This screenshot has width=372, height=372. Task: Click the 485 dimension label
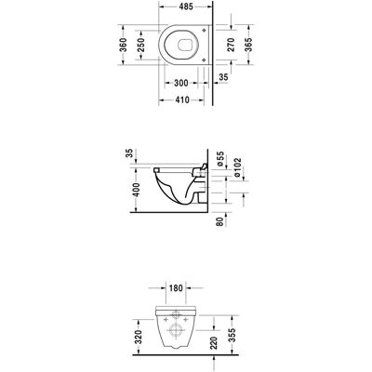click(186, 7)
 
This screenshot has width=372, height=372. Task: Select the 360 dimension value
click(124, 45)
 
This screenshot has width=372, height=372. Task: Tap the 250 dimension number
click(140, 45)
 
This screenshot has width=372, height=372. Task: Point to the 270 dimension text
click(231, 45)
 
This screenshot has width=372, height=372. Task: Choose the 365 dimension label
click(248, 45)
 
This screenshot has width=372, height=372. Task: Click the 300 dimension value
click(181, 83)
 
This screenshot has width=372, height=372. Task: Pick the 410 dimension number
click(182, 100)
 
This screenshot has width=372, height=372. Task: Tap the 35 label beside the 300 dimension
click(223, 77)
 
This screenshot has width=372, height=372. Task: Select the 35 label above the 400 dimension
click(130, 153)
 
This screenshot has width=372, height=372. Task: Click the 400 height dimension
click(136, 190)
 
